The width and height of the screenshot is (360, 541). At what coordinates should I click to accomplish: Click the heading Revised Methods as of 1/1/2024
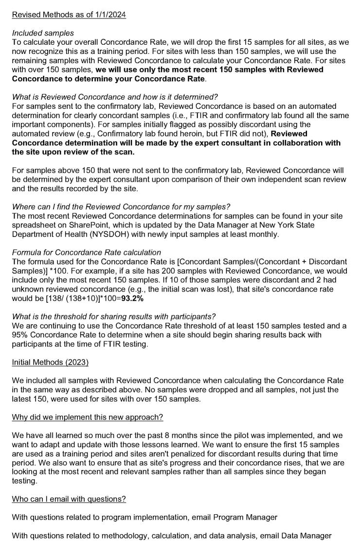pyautogui.click(x=69, y=15)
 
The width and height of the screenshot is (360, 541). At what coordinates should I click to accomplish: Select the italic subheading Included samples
pyautogui.click(x=43, y=34)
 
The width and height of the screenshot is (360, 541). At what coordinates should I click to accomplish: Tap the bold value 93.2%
pyautogui.click(x=132, y=298)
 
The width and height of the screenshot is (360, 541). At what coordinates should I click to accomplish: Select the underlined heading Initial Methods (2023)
pyautogui.click(x=50, y=363)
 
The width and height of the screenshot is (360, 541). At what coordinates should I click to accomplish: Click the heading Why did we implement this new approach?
pyautogui.click(x=88, y=418)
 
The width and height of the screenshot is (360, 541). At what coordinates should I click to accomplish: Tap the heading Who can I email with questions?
pyautogui.click(x=69, y=499)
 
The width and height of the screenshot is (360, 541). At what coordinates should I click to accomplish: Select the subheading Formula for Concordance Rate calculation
pyautogui.click(x=87, y=252)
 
